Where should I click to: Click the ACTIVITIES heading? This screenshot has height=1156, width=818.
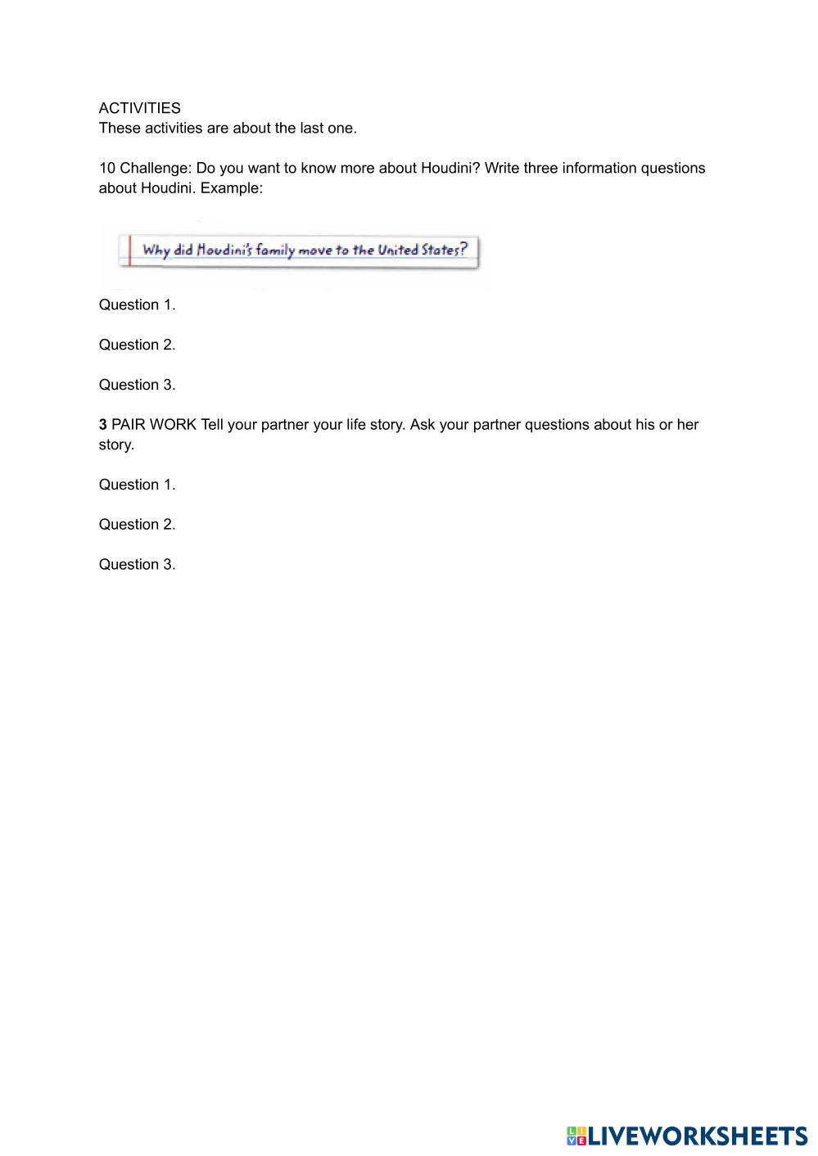(x=139, y=108)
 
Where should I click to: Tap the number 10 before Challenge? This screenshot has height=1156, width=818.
(x=107, y=168)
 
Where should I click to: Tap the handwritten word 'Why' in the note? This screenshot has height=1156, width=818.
(x=156, y=250)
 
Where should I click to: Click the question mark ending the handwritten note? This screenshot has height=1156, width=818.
(x=463, y=249)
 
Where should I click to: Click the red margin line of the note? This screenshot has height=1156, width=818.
(x=130, y=250)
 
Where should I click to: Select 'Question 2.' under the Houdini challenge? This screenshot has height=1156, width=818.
(x=137, y=345)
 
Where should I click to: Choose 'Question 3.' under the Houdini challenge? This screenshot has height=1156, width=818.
(x=137, y=385)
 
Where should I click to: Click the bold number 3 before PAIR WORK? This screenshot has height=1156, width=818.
(x=103, y=425)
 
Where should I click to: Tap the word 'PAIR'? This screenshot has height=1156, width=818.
(x=129, y=425)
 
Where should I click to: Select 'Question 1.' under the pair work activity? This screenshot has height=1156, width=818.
(x=137, y=485)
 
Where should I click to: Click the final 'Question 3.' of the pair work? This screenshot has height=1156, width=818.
(x=137, y=564)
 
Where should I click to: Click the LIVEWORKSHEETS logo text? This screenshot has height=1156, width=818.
(x=696, y=1136)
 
